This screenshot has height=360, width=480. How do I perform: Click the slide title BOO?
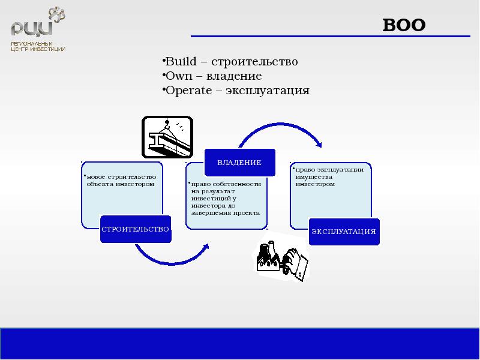click(404, 25)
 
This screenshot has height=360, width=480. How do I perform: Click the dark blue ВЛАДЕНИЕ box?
click(239, 163)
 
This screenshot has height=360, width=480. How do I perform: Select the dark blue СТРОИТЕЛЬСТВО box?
click(135, 229)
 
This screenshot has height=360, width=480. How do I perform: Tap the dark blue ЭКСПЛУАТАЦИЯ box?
click(344, 231)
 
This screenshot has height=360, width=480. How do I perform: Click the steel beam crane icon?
click(167, 137)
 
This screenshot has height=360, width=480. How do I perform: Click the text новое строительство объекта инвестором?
click(121, 180)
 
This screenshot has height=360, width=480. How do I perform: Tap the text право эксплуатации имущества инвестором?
click(329, 176)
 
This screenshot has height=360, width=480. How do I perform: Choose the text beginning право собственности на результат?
click(226, 198)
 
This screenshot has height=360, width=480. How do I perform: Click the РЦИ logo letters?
click(31, 28)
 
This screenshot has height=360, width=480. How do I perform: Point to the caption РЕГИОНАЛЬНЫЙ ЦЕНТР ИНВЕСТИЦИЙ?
click(38, 47)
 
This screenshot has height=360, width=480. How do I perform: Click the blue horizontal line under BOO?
click(330, 37)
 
